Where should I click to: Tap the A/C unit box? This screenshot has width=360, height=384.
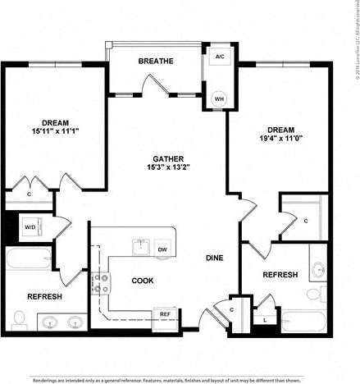tap(219, 57)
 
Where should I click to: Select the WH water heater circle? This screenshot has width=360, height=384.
tap(219, 98)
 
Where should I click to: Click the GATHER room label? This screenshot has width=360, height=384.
tap(166, 158)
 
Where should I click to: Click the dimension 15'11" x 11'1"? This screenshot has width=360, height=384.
tap(54, 130)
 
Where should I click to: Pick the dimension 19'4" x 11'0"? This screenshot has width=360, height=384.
tap(280, 139)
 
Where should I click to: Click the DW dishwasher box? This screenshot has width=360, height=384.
tap(162, 249)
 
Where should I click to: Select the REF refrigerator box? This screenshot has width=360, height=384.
tap(164, 314)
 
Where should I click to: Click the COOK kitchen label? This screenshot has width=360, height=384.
tap(142, 281)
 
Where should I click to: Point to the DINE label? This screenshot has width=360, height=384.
tap(215, 258)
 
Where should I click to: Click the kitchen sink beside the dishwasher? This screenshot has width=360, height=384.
tap(139, 246)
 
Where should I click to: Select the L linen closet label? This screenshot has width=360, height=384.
tap(265, 318)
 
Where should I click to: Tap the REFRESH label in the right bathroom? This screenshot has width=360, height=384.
tap(280, 275)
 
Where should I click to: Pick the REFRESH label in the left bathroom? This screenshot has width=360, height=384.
tap(44, 296)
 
